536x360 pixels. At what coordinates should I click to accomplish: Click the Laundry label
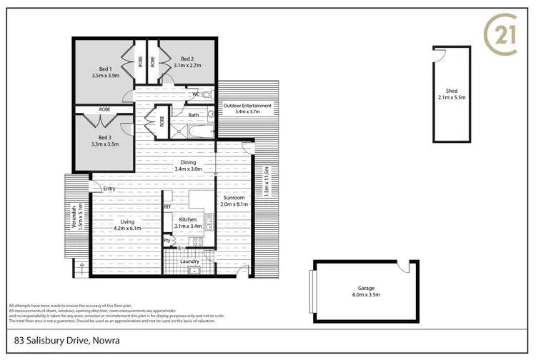coord(189,261)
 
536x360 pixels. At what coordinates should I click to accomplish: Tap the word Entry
coord(109,189)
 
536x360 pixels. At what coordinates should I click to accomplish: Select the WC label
coord(195,94)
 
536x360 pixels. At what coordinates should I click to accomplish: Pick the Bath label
coord(194,115)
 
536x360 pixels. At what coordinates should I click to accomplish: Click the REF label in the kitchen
coord(168,206)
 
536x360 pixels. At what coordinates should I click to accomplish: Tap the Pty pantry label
coord(167,241)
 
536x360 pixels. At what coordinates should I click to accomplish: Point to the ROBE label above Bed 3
coord(104,109)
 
